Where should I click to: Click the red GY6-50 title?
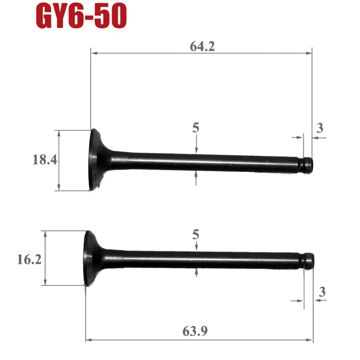point(81,16)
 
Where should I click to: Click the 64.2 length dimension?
point(202,46)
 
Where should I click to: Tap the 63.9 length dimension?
point(195,331)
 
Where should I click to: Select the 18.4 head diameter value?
point(45,160)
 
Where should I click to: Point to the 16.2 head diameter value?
point(29,260)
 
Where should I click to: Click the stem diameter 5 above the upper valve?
point(196,128)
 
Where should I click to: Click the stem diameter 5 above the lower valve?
point(196,234)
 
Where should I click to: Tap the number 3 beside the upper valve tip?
point(320,128)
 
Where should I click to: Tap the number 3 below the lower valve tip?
point(322,292)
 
